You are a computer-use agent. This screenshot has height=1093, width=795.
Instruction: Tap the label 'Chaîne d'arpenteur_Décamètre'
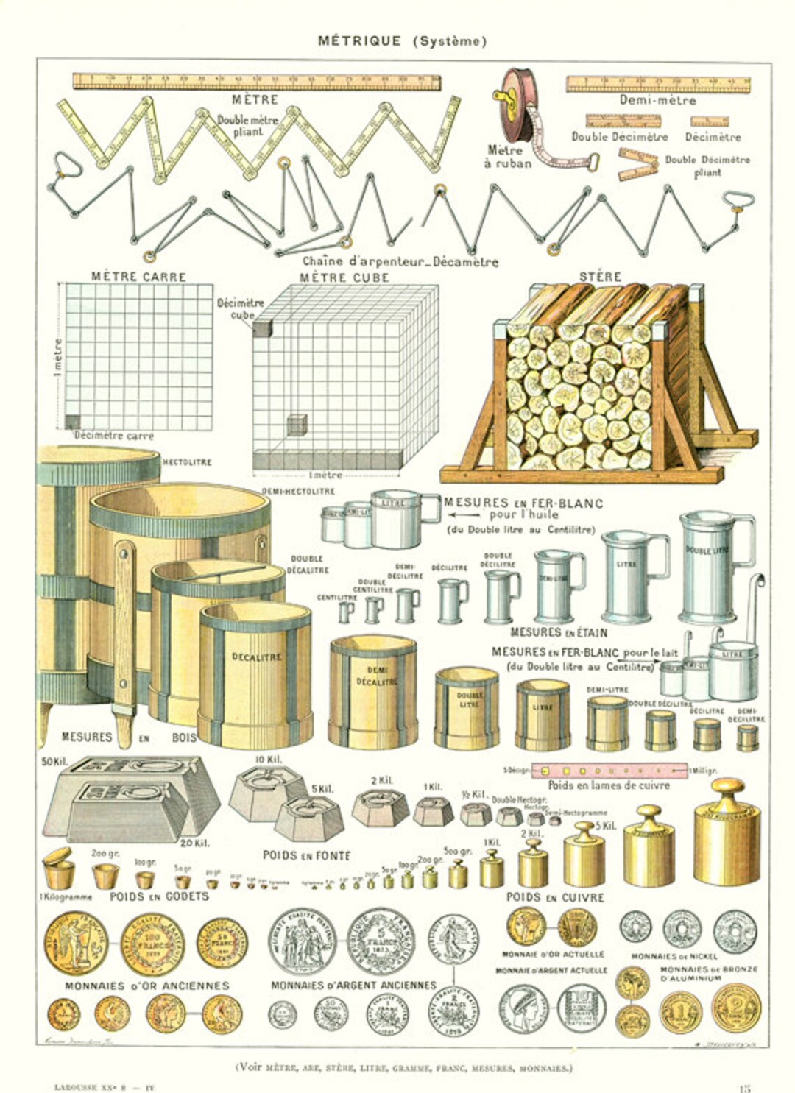coord(400,261)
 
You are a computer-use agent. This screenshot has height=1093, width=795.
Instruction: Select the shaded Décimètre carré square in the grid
coord(72,422)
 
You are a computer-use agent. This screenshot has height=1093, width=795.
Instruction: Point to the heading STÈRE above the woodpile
coord(600,277)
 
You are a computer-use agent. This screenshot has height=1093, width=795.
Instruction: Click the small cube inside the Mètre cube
coord(296,425)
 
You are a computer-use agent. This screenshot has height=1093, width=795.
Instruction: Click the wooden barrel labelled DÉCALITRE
coord(256,673)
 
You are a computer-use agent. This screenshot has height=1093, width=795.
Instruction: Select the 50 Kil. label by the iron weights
coord(54,761)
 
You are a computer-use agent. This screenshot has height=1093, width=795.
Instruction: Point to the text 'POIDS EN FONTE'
coord(306,855)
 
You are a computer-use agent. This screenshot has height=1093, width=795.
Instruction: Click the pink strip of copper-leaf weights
coord(608,771)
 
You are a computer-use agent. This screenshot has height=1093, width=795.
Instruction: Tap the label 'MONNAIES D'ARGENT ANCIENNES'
coord(353,985)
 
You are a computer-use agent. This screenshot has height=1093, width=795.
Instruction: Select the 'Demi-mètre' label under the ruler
coord(657,100)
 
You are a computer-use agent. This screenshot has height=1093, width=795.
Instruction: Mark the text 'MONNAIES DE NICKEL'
coord(674,956)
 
